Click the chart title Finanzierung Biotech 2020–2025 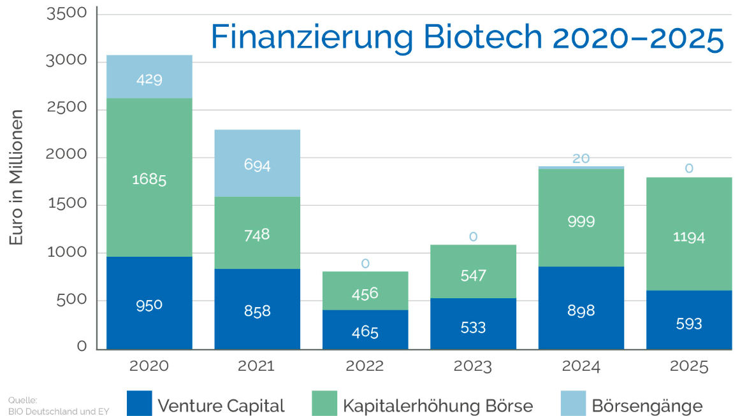click(467, 37)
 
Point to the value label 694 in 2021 click(257, 165)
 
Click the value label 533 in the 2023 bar click(473, 327)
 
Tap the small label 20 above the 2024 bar click(581, 159)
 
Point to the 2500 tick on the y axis click(67, 108)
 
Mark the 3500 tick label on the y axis click(67, 13)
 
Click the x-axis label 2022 click(365, 366)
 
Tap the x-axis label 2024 click(581, 366)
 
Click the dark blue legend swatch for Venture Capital click(139, 403)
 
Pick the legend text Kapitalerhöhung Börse click(437, 406)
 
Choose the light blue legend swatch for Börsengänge click(572, 403)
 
